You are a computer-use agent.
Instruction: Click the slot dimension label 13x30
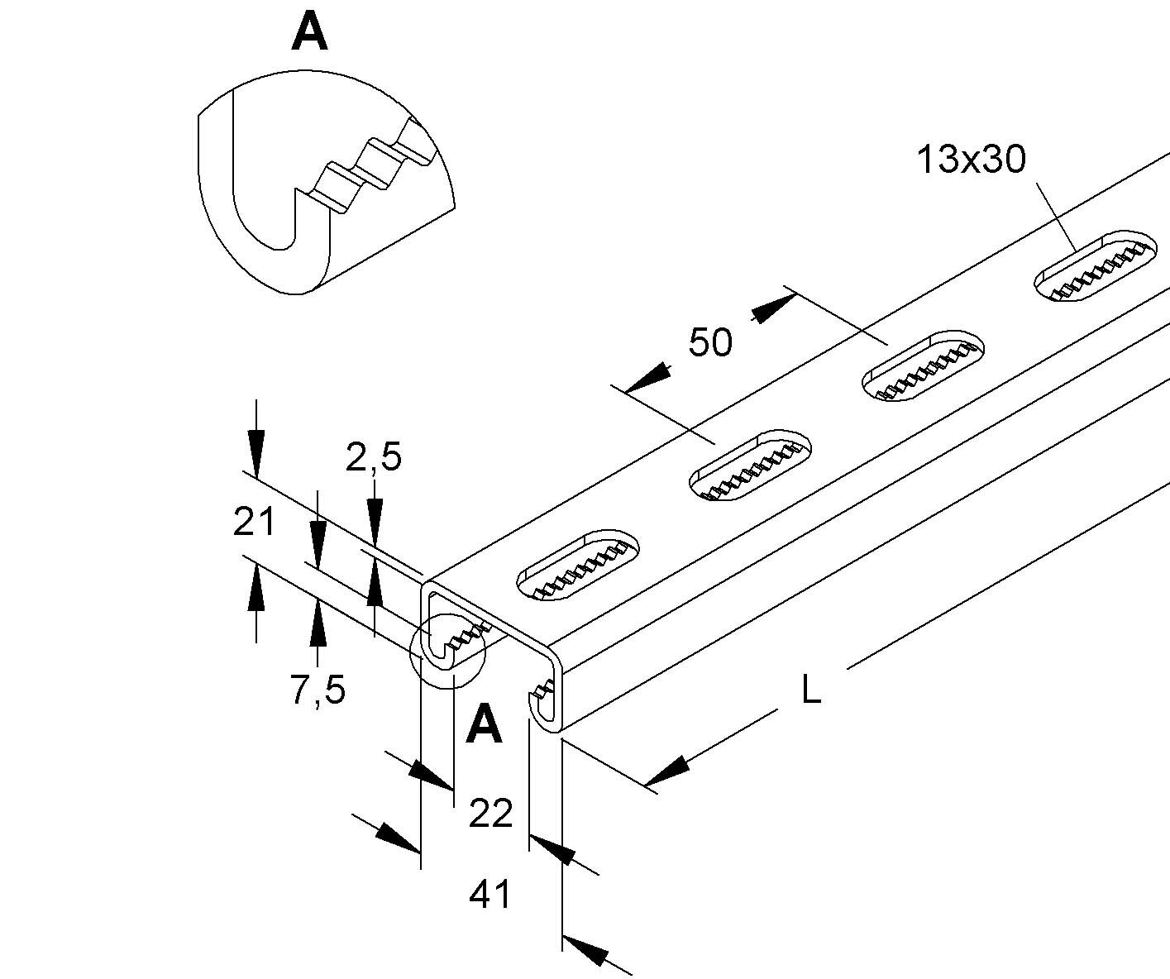coord(971,159)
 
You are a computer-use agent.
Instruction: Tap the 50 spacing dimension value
coord(710,342)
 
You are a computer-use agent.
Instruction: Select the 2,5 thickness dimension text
coord(373,457)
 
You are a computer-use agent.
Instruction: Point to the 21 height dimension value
coord(254,522)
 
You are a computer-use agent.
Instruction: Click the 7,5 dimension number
coord(318,690)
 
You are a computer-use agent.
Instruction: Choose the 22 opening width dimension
coord(491,813)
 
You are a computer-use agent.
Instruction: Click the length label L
coord(811,690)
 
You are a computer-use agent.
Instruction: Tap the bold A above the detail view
coord(309,32)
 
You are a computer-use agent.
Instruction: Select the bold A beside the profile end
coord(485,724)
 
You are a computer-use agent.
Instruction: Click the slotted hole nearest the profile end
coord(578,565)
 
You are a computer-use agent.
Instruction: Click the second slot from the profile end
coord(750,466)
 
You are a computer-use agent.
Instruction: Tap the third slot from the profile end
coord(922,365)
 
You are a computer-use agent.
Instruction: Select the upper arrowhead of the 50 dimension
coord(774,308)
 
